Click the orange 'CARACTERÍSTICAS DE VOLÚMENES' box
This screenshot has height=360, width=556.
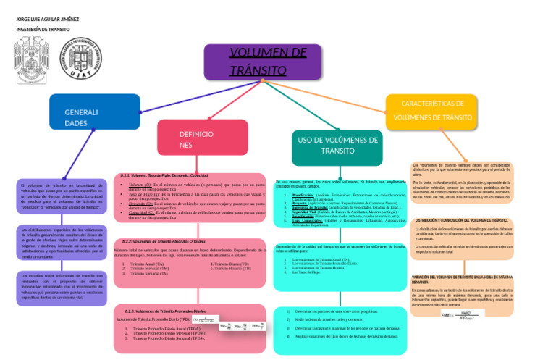click(x=431, y=110)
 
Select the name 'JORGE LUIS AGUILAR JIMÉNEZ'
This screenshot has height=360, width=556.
click(x=48, y=18)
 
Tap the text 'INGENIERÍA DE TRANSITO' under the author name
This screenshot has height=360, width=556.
click(x=43, y=30)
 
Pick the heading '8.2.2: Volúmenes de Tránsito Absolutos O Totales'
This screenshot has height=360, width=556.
click(x=164, y=240)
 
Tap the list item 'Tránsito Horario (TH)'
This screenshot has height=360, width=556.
click(x=232, y=269)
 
